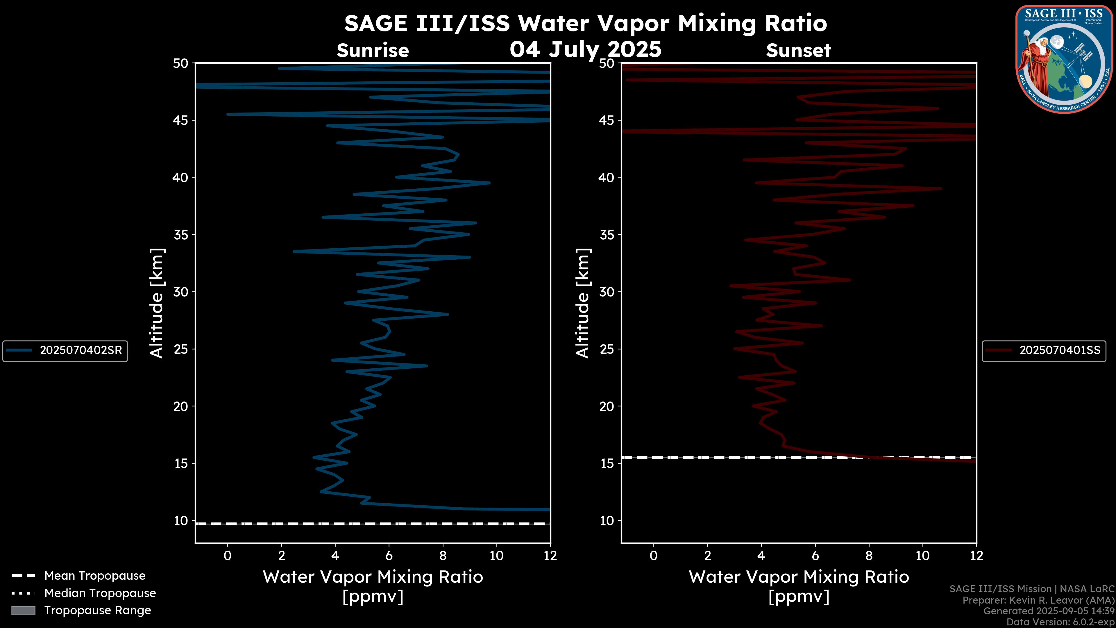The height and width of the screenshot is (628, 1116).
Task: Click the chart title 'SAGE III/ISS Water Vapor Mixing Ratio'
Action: tap(585, 23)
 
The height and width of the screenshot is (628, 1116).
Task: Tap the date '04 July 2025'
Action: tap(585, 49)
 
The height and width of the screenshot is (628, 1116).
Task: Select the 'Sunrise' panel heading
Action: tap(373, 51)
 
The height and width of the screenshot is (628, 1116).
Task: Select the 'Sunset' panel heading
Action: tap(798, 51)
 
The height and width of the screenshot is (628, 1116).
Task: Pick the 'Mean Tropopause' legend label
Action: tap(95, 576)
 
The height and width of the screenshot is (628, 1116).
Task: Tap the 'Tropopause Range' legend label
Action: tap(97, 611)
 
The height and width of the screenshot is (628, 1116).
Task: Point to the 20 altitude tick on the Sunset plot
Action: tap(607, 406)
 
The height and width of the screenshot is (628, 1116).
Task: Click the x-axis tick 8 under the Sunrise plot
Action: tap(443, 556)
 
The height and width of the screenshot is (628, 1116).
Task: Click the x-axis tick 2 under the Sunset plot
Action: tap(707, 556)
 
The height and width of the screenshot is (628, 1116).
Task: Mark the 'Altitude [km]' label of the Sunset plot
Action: tap(583, 303)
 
